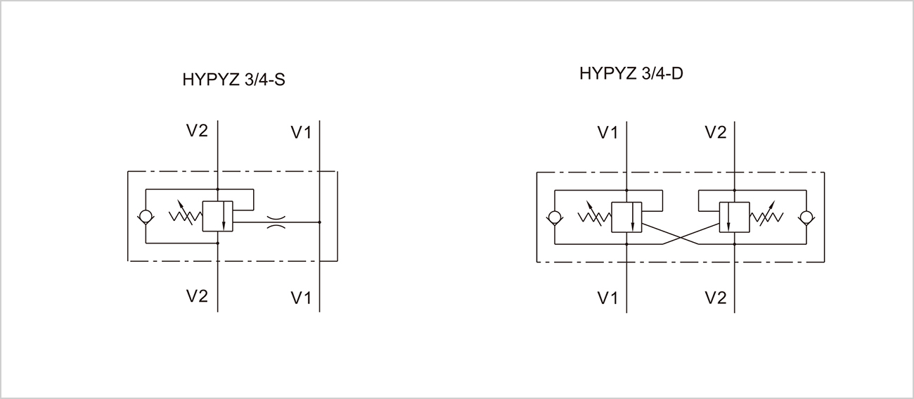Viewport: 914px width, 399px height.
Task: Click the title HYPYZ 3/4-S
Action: click(233, 80)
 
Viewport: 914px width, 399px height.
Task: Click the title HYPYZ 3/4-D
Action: click(631, 73)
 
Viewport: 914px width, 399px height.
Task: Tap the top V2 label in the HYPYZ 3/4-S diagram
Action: click(198, 131)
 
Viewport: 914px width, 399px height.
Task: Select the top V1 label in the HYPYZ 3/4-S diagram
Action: click(301, 132)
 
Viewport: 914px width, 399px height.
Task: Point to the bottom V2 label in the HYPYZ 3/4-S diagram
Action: click(198, 296)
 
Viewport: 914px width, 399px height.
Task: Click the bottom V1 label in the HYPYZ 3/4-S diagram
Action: click(301, 298)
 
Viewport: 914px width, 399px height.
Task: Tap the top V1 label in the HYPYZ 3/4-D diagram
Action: click(607, 132)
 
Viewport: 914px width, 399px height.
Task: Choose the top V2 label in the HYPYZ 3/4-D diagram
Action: click(715, 132)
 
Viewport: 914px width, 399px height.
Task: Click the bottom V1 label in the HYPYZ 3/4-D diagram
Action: click(607, 298)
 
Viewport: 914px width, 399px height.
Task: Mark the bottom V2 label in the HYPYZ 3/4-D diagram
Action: click(715, 298)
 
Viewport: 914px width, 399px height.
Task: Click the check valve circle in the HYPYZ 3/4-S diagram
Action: click(146, 217)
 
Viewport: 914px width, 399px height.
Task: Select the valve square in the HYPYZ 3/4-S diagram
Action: click(218, 217)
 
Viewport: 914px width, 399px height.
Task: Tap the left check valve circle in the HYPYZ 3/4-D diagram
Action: click(554, 217)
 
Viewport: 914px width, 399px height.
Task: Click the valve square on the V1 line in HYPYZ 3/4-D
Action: click(626, 217)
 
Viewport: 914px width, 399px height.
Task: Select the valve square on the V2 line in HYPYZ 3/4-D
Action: click(733, 217)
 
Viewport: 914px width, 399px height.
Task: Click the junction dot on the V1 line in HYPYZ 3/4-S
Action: click(320, 222)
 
